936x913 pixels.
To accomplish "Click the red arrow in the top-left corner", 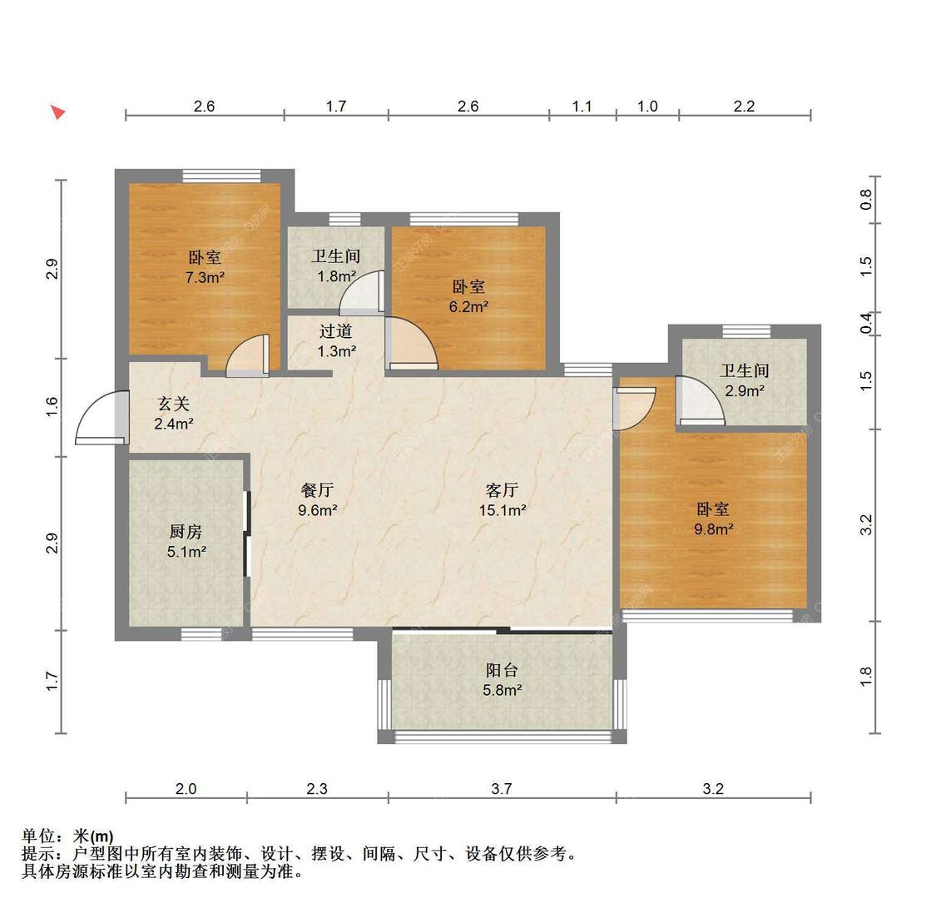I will (57, 112).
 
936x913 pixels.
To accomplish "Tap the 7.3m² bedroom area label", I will (205, 268).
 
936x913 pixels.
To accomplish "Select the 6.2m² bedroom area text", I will (468, 296).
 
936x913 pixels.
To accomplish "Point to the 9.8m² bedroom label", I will (713, 519).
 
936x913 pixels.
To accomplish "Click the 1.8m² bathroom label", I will (336, 266).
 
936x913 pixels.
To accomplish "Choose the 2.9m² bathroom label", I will (744, 380).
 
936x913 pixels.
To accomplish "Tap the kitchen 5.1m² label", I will (186, 541).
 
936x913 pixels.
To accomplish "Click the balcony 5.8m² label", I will (502, 679).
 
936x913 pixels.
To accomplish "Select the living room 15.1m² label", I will (503, 500).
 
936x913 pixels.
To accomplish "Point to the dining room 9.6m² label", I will (317, 500).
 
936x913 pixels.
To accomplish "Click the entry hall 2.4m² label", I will (174, 414).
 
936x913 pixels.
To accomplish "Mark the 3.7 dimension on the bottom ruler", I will (501, 789).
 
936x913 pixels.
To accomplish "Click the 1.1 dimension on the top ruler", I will (582, 106).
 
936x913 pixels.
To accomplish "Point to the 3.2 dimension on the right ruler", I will (866, 525).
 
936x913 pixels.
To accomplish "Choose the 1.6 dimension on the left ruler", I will (52, 407).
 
